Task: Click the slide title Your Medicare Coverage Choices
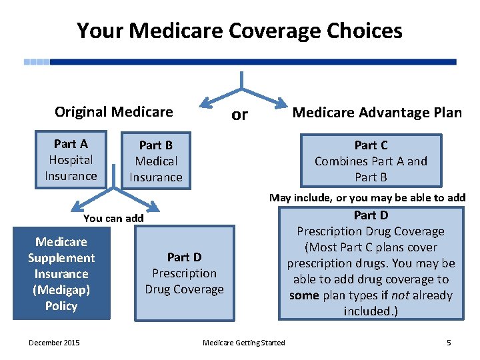pyautogui.click(x=239, y=31)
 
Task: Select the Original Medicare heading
pyautogui.click(x=113, y=112)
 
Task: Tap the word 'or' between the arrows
pyautogui.click(x=239, y=115)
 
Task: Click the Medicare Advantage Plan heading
pyautogui.click(x=377, y=113)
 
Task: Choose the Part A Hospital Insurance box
pyautogui.click(x=71, y=160)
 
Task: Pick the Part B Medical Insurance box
pyautogui.click(x=155, y=161)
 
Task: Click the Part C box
pyautogui.click(x=371, y=161)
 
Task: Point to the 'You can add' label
pyautogui.click(x=113, y=218)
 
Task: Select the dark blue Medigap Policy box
pyautogui.click(x=61, y=274)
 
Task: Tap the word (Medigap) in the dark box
pyautogui.click(x=61, y=290)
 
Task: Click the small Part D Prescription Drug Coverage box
pyautogui.click(x=184, y=273)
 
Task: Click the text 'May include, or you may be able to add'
pyautogui.click(x=367, y=197)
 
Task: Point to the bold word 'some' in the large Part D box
pyautogui.click(x=304, y=295)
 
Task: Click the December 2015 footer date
pyautogui.click(x=53, y=343)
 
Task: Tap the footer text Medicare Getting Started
pyautogui.click(x=243, y=343)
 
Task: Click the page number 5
pyautogui.click(x=449, y=343)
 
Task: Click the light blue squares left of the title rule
pyautogui.click(x=37, y=62)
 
